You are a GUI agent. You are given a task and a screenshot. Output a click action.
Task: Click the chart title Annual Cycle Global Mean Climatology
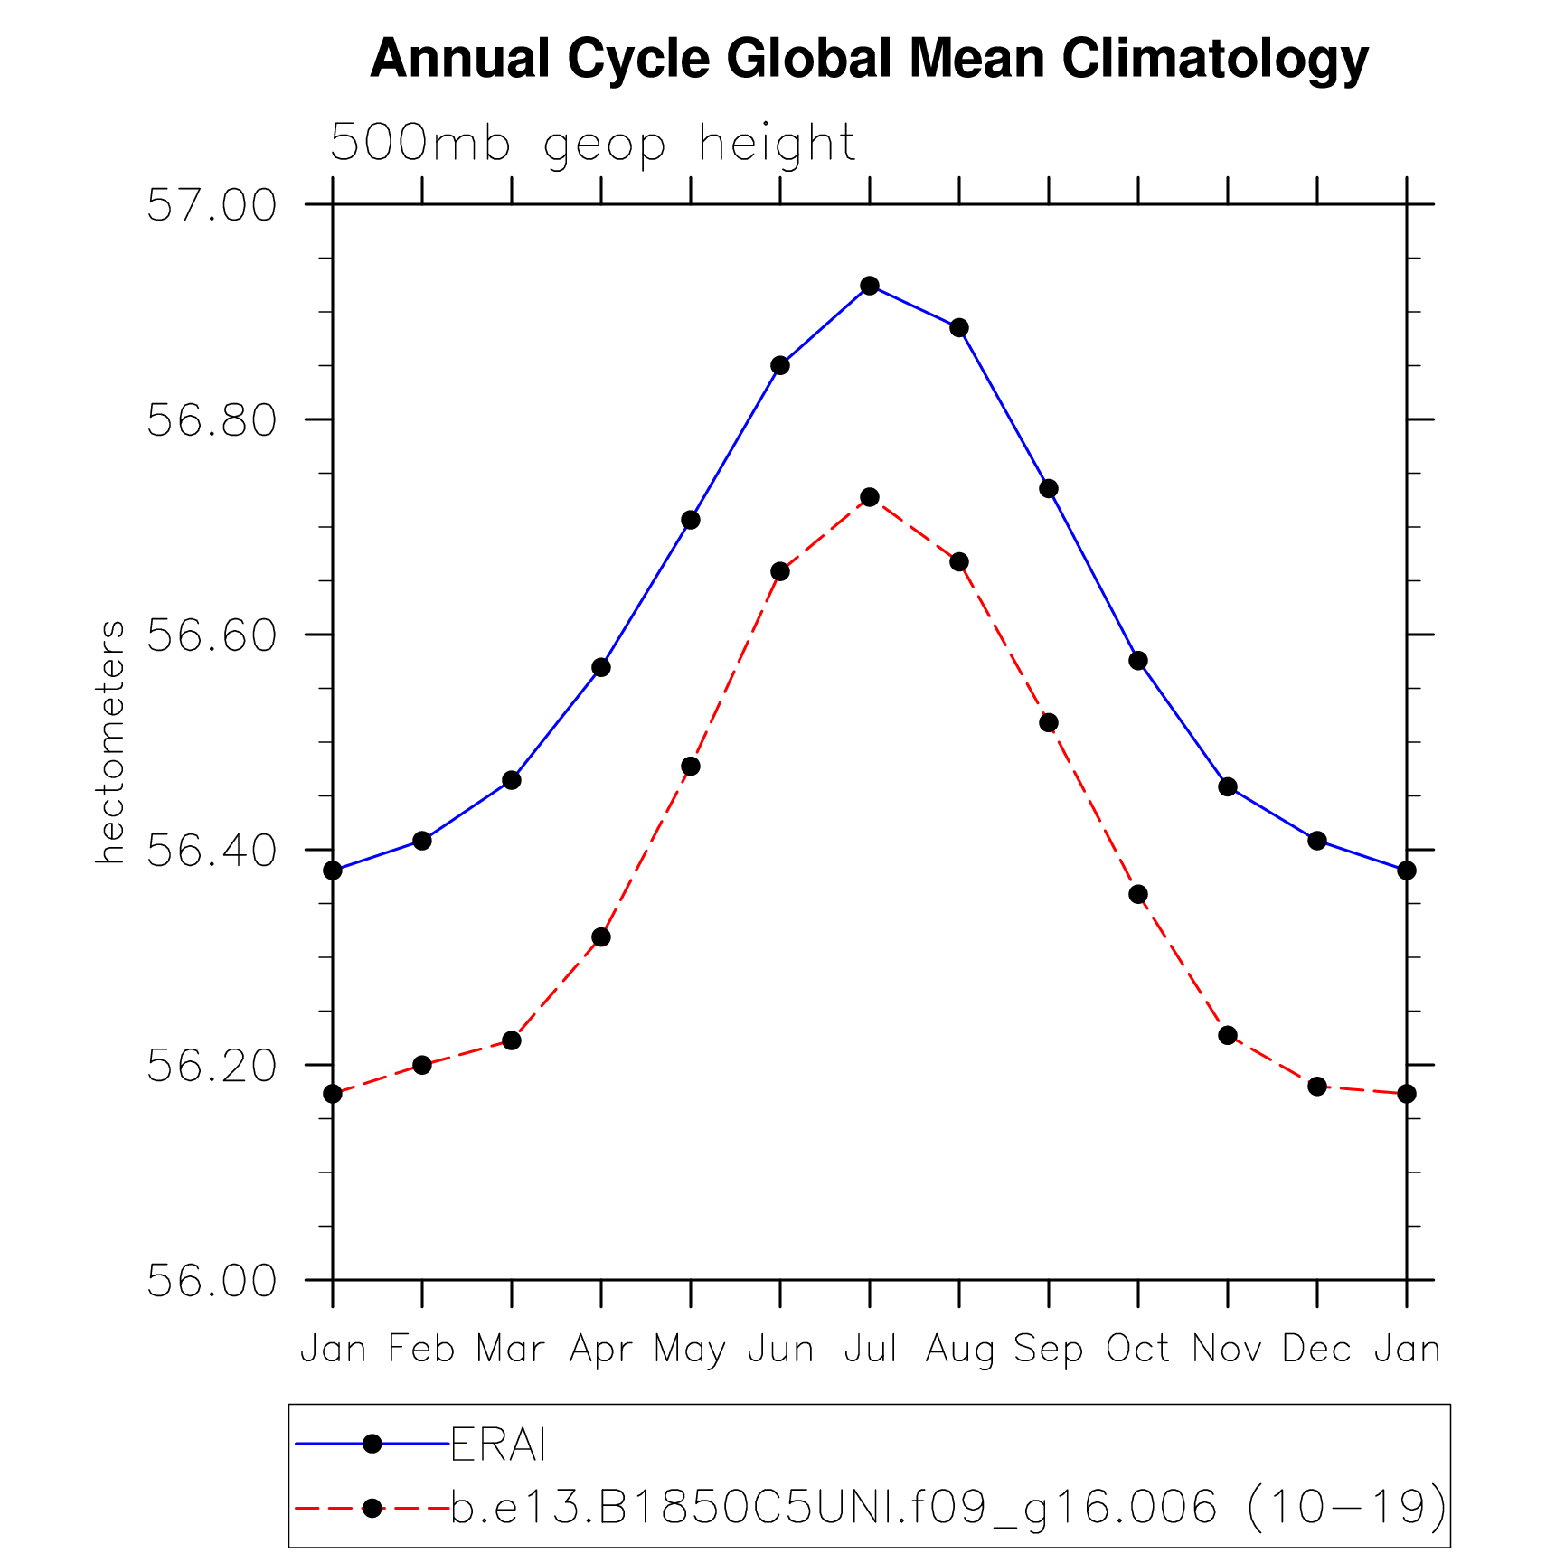pyautogui.click(x=869, y=59)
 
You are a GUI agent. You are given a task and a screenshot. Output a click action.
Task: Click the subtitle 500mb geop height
pyautogui.click(x=592, y=143)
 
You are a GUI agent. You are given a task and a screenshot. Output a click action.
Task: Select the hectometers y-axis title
pyautogui.click(x=110, y=741)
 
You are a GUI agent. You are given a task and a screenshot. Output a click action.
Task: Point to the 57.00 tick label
pyautogui.click(x=212, y=205)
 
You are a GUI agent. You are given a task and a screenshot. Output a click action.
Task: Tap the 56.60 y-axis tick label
pyautogui.click(x=212, y=635)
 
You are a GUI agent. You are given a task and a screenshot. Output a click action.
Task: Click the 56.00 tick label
pyautogui.click(x=212, y=1281)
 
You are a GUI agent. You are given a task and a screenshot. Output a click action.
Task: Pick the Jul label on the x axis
pyautogui.click(x=870, y=1350)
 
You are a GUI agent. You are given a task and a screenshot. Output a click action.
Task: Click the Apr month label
pyautogui.click(x=600, y=1350)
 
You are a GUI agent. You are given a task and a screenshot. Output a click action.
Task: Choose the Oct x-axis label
pyautogui.click(x=1137, y=1350)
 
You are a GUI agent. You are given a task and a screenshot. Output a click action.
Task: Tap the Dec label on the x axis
pyautogui.click(x=1316, y=1350)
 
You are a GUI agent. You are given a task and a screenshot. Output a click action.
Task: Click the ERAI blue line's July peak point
pyautogui.click(x=870, y=286)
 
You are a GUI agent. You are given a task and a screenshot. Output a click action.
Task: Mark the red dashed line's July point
pyautogui.click(x=870, y=497)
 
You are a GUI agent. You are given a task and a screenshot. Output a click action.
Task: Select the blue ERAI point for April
pyautogui.click(x=601, y=668)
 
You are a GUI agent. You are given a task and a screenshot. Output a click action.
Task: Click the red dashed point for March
pyautogui.click(x=512, y=1040)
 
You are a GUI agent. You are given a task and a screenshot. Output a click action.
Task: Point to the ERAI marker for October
pyautogui.click(x=1138, y=661)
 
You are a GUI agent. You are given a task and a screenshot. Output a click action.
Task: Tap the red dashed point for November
pyautogui.click(x=1228, y=1035)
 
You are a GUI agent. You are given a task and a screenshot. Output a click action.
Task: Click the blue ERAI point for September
pyautogui.click(x=1049, y=489)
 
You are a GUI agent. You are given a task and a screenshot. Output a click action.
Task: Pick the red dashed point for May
pyautogui.click(x=691, y=767)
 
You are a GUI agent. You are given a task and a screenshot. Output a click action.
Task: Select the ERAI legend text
pyautogui.click(x=498, y=1445)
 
